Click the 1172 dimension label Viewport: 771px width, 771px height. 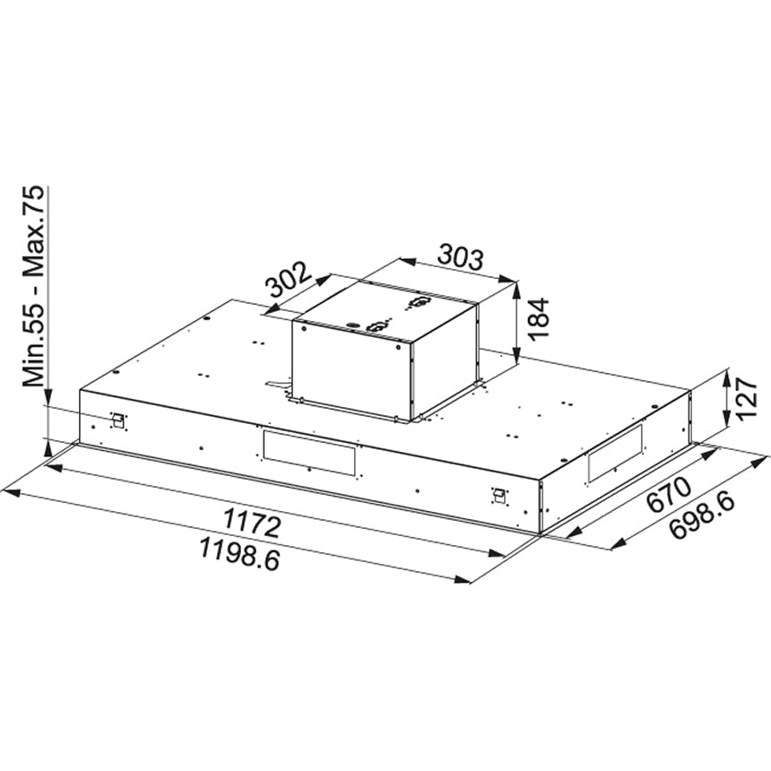coord(252,523)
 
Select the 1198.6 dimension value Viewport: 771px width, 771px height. coord(240,554)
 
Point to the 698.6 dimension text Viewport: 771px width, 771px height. coord(702,516)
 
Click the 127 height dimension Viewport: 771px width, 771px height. coord(747,399)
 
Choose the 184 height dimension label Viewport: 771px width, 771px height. coord(539,318)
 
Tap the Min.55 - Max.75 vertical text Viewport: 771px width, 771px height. coord(34,288)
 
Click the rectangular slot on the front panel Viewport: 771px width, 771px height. coord(309,453)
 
